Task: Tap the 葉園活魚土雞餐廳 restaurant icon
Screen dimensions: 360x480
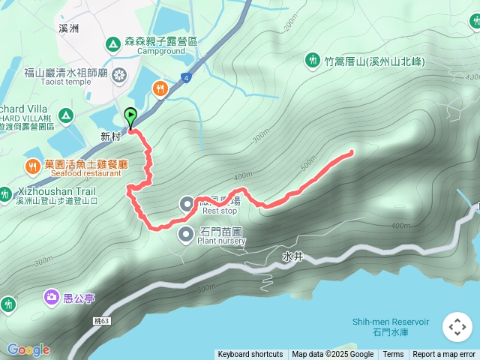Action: coord(32,165)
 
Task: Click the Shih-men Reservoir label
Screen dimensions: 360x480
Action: coord(391,322)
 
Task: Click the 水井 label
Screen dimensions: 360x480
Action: coord(292,256)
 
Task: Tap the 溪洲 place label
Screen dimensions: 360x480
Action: coord(68,28)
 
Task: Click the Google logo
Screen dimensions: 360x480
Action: coord(28,349)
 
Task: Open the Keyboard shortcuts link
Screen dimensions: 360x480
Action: coord(250,355)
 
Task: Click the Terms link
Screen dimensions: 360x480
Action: coord(393,355)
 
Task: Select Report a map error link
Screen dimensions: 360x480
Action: coord(444,355)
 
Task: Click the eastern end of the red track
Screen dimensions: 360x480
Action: coord(351,153)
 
